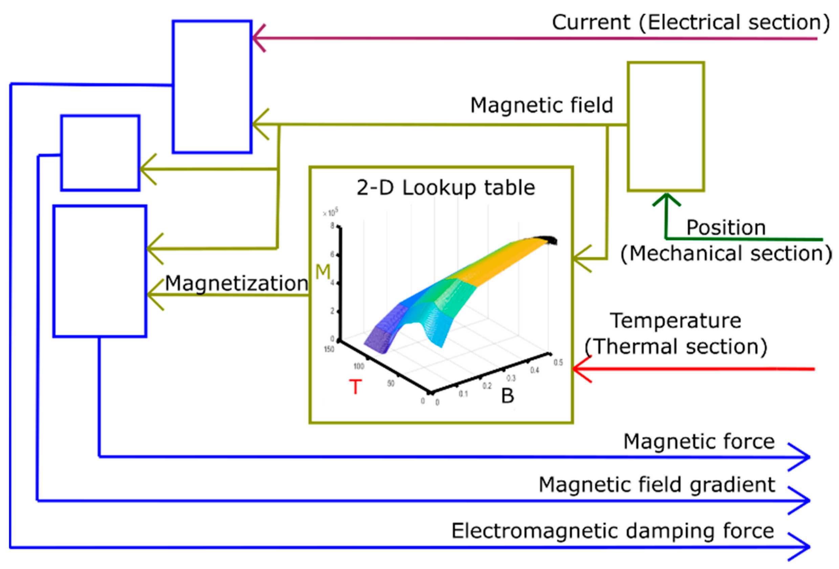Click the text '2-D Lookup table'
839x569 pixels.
point(445,188)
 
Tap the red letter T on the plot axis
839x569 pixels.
point(355,387)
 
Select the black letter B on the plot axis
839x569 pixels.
point(507,396)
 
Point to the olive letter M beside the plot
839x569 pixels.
point(323,272)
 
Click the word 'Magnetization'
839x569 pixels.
point(237,283)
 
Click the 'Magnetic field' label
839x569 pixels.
point(542,105)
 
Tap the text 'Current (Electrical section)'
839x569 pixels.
point(690,22)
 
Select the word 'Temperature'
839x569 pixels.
point(676,321)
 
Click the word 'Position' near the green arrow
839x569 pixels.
point(726,228)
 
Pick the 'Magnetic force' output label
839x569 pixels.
point(699,441)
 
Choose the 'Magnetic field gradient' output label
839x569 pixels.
point(657,485)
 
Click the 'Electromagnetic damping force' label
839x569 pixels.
point(613,531)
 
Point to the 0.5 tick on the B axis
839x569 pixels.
point(558,362)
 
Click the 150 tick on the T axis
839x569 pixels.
point(329,349)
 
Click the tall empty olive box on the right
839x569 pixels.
point(666,126)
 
